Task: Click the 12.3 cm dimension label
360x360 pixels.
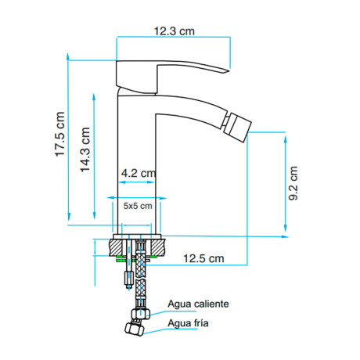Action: [x=175, y=31]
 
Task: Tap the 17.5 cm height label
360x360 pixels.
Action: [x=59, y=134]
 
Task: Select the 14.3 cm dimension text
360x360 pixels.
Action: [x=85, y=149]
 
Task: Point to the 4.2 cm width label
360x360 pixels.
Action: [x=139, y=173]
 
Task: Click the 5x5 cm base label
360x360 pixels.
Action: [x=138, y=206]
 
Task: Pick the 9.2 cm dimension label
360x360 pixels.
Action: [x=293, y=183]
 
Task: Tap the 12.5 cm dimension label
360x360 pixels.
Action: [x=203, y=258]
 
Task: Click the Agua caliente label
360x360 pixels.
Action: [x=198, y=304]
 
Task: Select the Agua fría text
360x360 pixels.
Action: [x=188, y=323]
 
